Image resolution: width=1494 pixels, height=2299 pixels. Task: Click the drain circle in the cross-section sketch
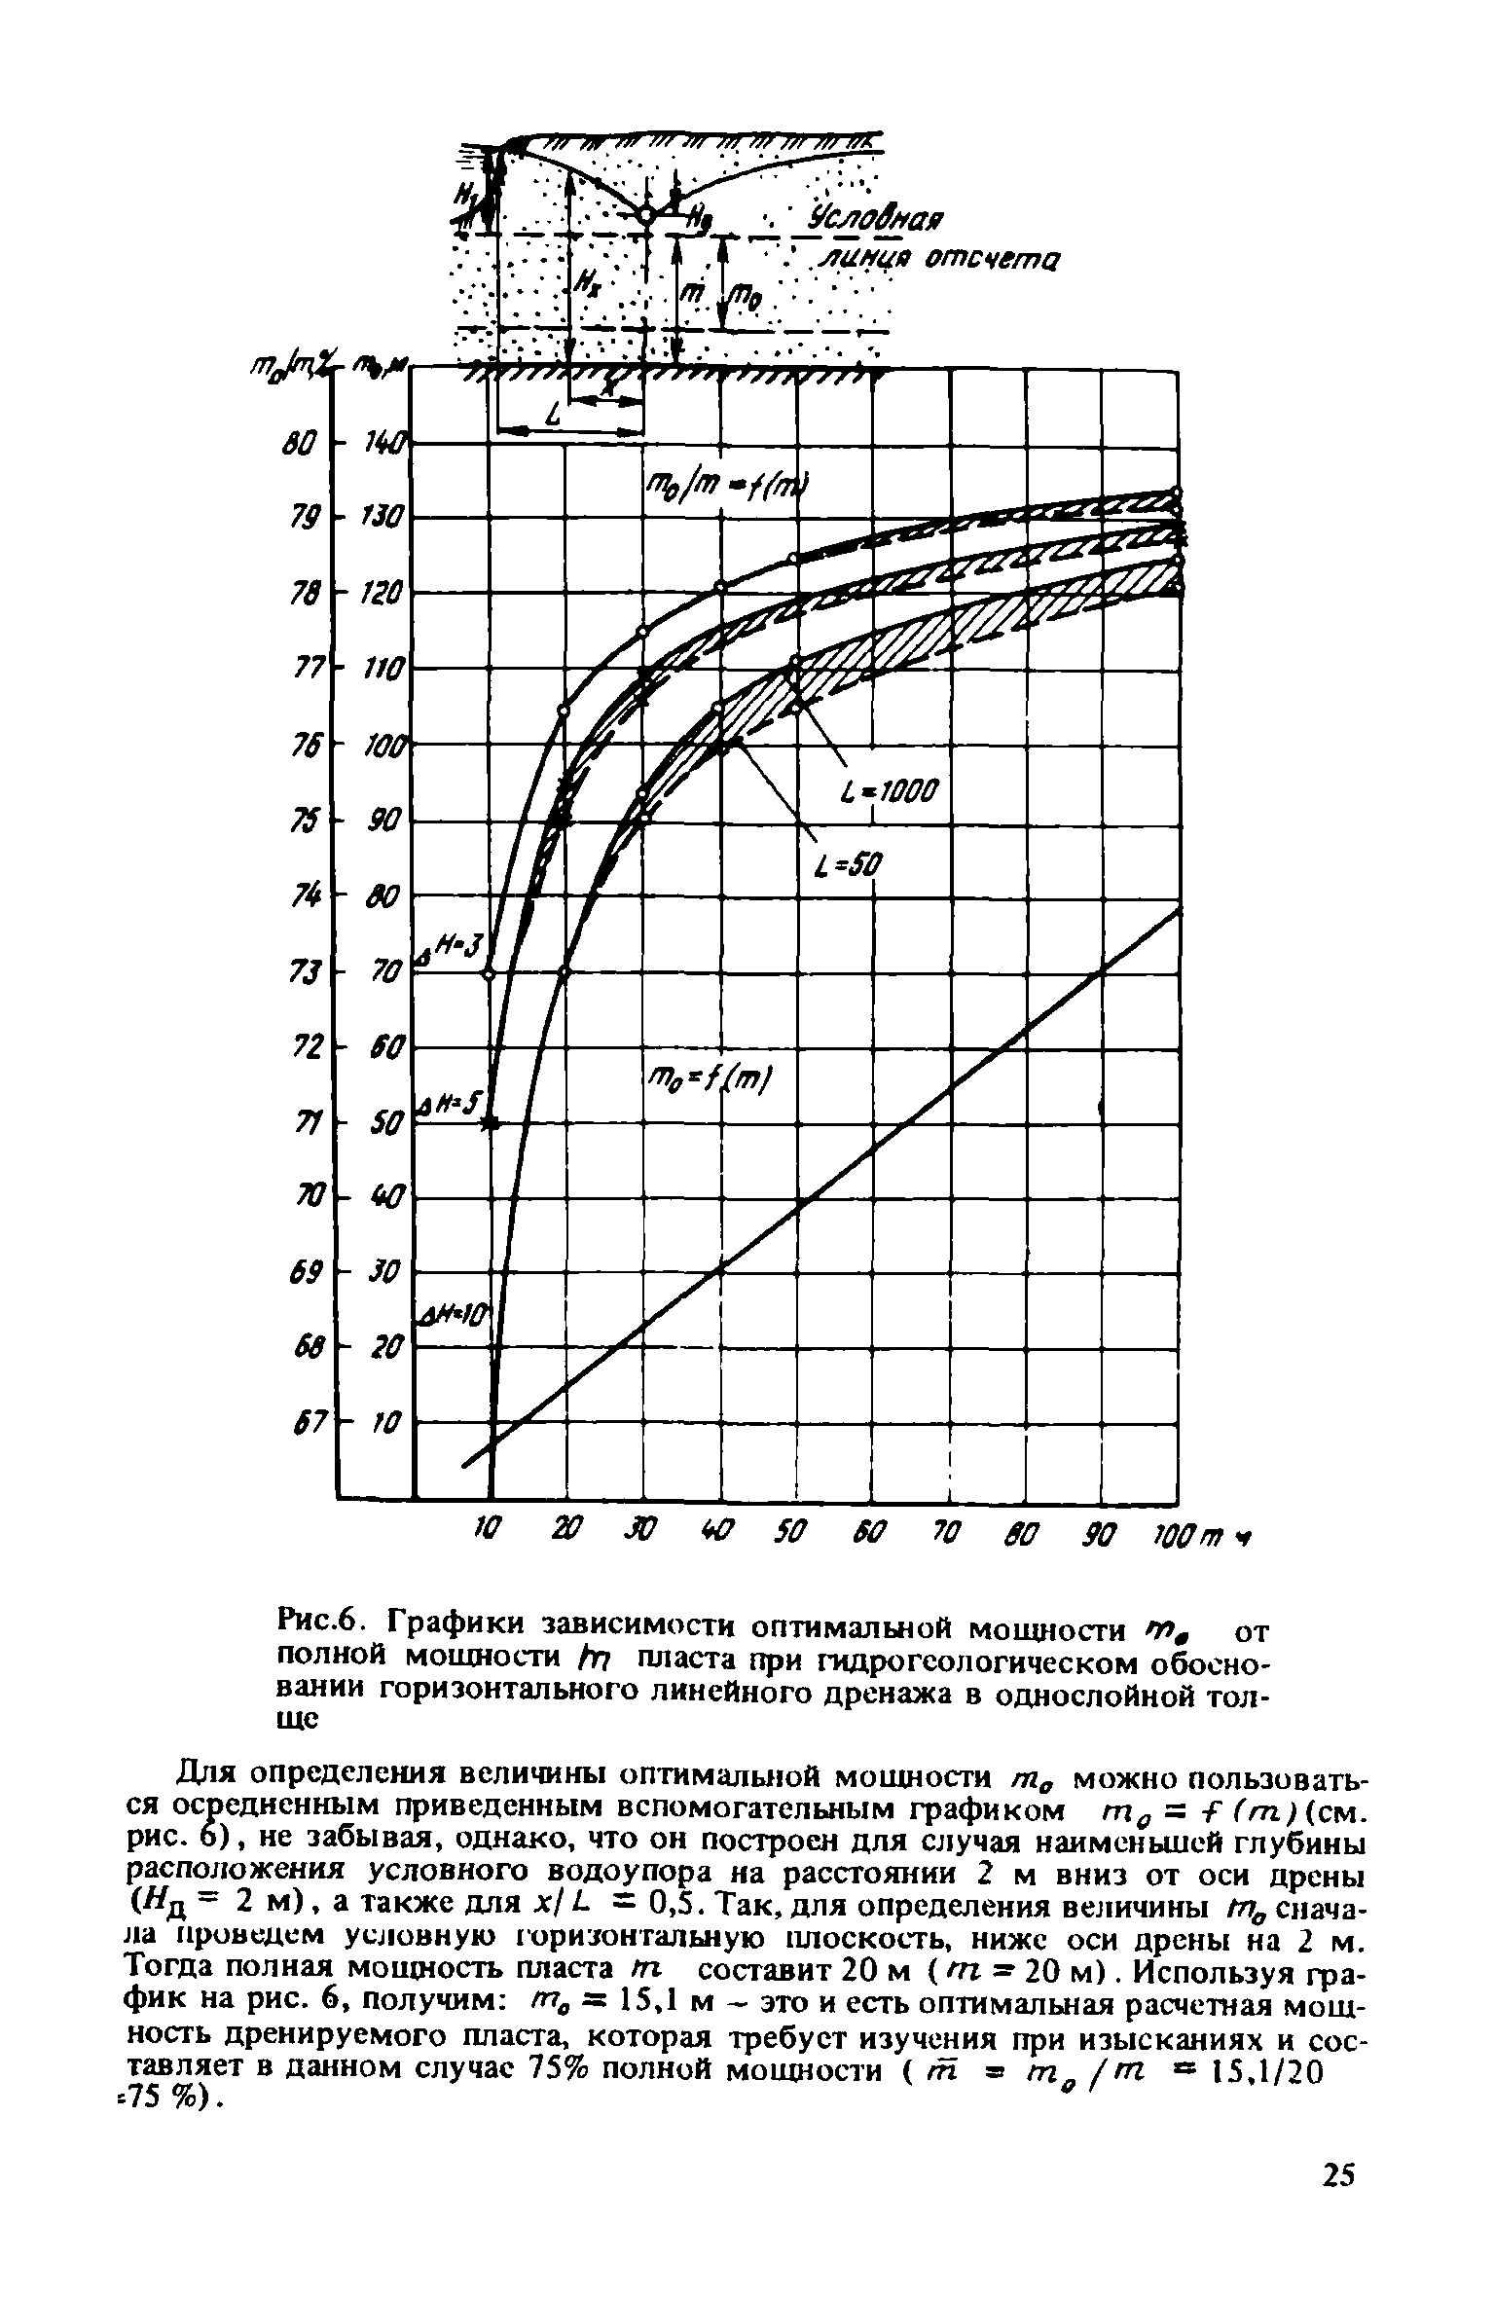(646, 215)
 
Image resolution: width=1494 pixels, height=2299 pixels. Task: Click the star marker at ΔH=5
(491, 1123)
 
